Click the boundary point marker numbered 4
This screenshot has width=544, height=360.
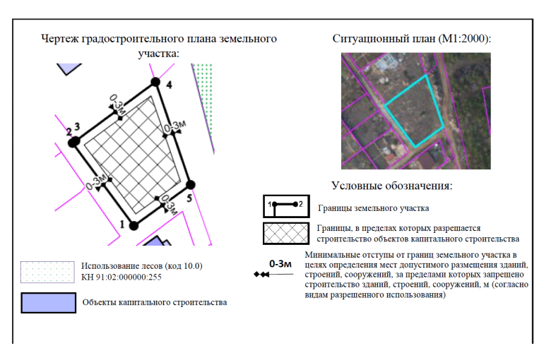[x=155, y=82]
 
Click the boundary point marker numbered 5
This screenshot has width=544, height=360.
[x=191, y=185]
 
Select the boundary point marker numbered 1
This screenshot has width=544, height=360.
[x=134, y=226]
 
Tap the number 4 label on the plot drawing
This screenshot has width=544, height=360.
[x=169, y=85]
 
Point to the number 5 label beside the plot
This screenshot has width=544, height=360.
[x=189, y=198]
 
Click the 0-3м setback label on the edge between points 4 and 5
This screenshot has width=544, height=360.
[x=175, y=127]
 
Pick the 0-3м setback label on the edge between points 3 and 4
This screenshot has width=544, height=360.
[x=117, y=104]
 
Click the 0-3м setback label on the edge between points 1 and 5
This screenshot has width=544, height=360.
[x=170, y=205]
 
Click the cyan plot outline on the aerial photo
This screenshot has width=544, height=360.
[x=414, y=111]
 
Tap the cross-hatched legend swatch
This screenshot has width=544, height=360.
[x=286, y=233]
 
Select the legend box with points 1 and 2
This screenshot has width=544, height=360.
[x=286, y=206]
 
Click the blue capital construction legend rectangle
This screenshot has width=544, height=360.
[x=48, y=303]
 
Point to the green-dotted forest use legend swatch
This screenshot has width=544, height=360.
[x=47, y=272]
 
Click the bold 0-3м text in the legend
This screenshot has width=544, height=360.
[x=280, y=264]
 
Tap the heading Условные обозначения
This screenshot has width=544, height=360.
[x=392, y=186]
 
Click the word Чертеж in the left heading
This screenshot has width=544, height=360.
[x=60, y=38]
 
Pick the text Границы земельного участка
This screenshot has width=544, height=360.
[x=373, y=208]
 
